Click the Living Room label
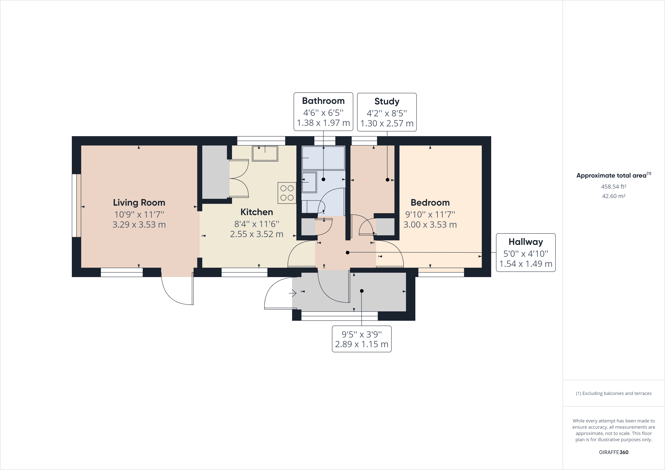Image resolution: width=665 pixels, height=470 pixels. click(139, 202)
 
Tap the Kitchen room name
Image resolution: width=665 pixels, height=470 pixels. click(257, 212)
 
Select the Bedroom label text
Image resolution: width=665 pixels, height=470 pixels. click(430, 202)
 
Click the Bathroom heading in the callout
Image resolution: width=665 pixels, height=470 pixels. click(323, 101)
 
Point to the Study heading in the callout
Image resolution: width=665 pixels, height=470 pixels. click(387, 101)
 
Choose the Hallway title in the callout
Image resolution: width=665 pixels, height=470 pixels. click(526, 242)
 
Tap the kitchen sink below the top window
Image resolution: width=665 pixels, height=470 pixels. click(265, 153)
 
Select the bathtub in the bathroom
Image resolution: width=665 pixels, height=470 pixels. click(323, 158)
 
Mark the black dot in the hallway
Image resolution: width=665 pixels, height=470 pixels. click(347, 252)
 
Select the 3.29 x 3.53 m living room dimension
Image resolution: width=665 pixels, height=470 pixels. click(139, 225)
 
